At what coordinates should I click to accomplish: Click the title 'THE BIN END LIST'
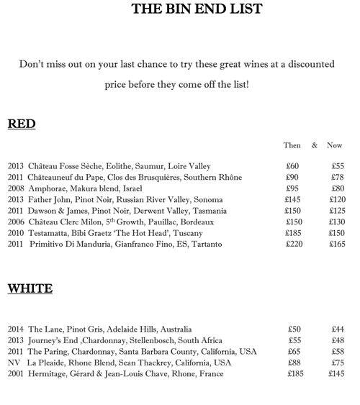[186, 9]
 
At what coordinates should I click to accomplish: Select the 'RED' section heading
[22, 124]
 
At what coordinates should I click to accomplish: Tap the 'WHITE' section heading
[30, 289]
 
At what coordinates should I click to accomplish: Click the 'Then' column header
[292, 145]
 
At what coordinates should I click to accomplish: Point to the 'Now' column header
[334, 145]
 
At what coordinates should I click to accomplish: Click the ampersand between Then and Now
[315, 145]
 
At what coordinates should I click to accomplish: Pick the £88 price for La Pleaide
[294, 363]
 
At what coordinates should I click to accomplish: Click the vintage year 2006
[16, 222]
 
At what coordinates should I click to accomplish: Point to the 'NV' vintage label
[14, 363]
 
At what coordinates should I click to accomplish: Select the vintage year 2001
[16, 374]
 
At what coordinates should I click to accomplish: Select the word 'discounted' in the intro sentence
[307, 64]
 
